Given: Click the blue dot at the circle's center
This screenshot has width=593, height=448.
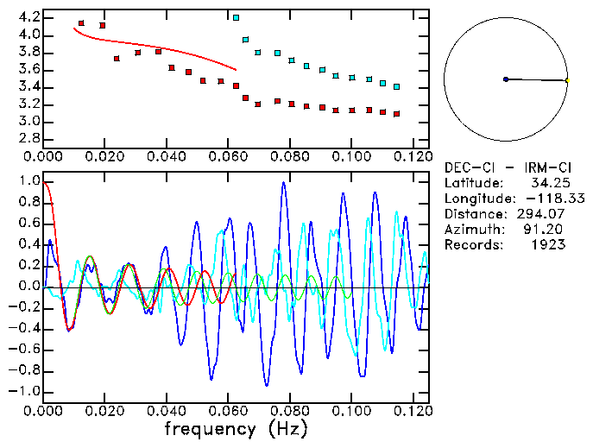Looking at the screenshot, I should click(x=506, y=79).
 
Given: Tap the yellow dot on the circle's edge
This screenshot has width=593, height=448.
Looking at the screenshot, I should click(x=567, y=81).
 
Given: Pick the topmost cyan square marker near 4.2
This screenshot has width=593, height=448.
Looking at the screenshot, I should click(x=236, y=17).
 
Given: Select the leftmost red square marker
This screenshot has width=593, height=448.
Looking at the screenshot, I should click(x=81, y=23).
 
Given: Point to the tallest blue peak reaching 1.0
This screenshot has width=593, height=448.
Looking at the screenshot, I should click(x=283, y=184).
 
